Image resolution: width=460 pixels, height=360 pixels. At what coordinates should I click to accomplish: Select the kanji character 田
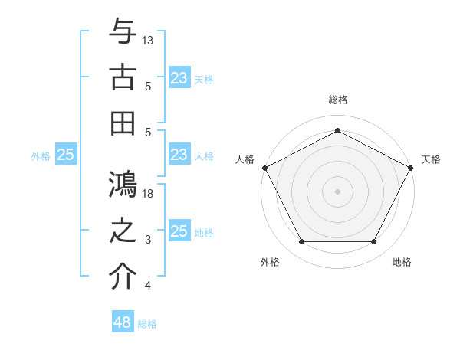tap(123, 123)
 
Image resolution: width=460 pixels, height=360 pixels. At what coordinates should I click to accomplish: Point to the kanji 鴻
tap(123, 184)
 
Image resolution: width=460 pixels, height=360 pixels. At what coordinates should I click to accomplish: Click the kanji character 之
tap(123, 230)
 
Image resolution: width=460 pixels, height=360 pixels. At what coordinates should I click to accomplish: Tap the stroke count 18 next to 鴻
tap(149, 194)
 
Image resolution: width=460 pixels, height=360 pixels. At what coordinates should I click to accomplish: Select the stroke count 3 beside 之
tap(148, 240)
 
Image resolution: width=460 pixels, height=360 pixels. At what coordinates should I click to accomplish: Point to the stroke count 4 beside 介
tap(148, 286)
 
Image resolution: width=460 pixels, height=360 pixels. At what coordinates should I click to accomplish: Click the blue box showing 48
tap(123, 322)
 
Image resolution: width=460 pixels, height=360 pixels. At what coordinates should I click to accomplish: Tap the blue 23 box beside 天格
tap(179, 77)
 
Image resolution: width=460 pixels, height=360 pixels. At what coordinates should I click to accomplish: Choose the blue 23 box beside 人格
tap(179, 155)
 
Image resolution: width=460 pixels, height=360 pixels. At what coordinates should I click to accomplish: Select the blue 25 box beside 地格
tap(179, 232)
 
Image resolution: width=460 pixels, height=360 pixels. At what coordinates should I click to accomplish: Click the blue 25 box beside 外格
tap(66, 155)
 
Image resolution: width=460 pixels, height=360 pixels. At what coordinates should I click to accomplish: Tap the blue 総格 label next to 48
tap(147, 324)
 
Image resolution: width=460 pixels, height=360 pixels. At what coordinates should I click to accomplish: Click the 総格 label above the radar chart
tap(337, 100)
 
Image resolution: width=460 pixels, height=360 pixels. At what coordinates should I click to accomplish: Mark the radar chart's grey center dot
tap(337, 191)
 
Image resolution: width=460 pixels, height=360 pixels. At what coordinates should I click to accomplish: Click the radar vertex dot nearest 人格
tap(264, 167)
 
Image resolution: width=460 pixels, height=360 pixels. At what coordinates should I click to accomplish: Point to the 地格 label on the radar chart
tap(402, 262)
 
